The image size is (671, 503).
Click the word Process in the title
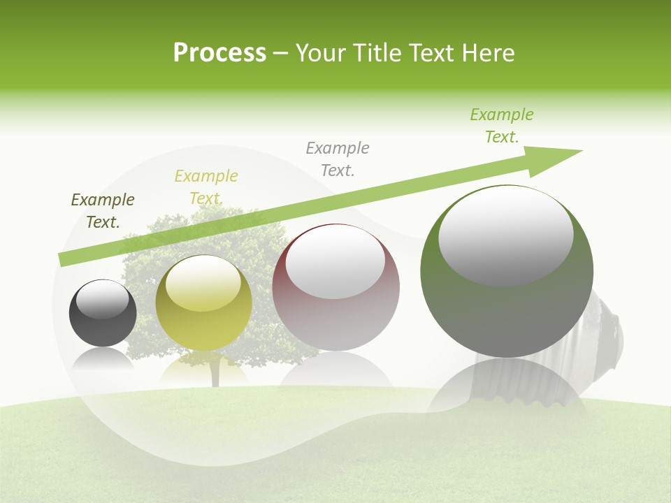click(x=219, y=53)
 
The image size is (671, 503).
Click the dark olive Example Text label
click(x=103, y=211)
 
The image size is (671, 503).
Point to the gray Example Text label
click(x=338, y=159)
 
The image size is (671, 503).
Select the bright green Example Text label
click(x=502, y=126)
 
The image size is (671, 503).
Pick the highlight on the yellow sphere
click(x=203, y=284)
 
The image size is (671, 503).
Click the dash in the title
click(x=281, y=54)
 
